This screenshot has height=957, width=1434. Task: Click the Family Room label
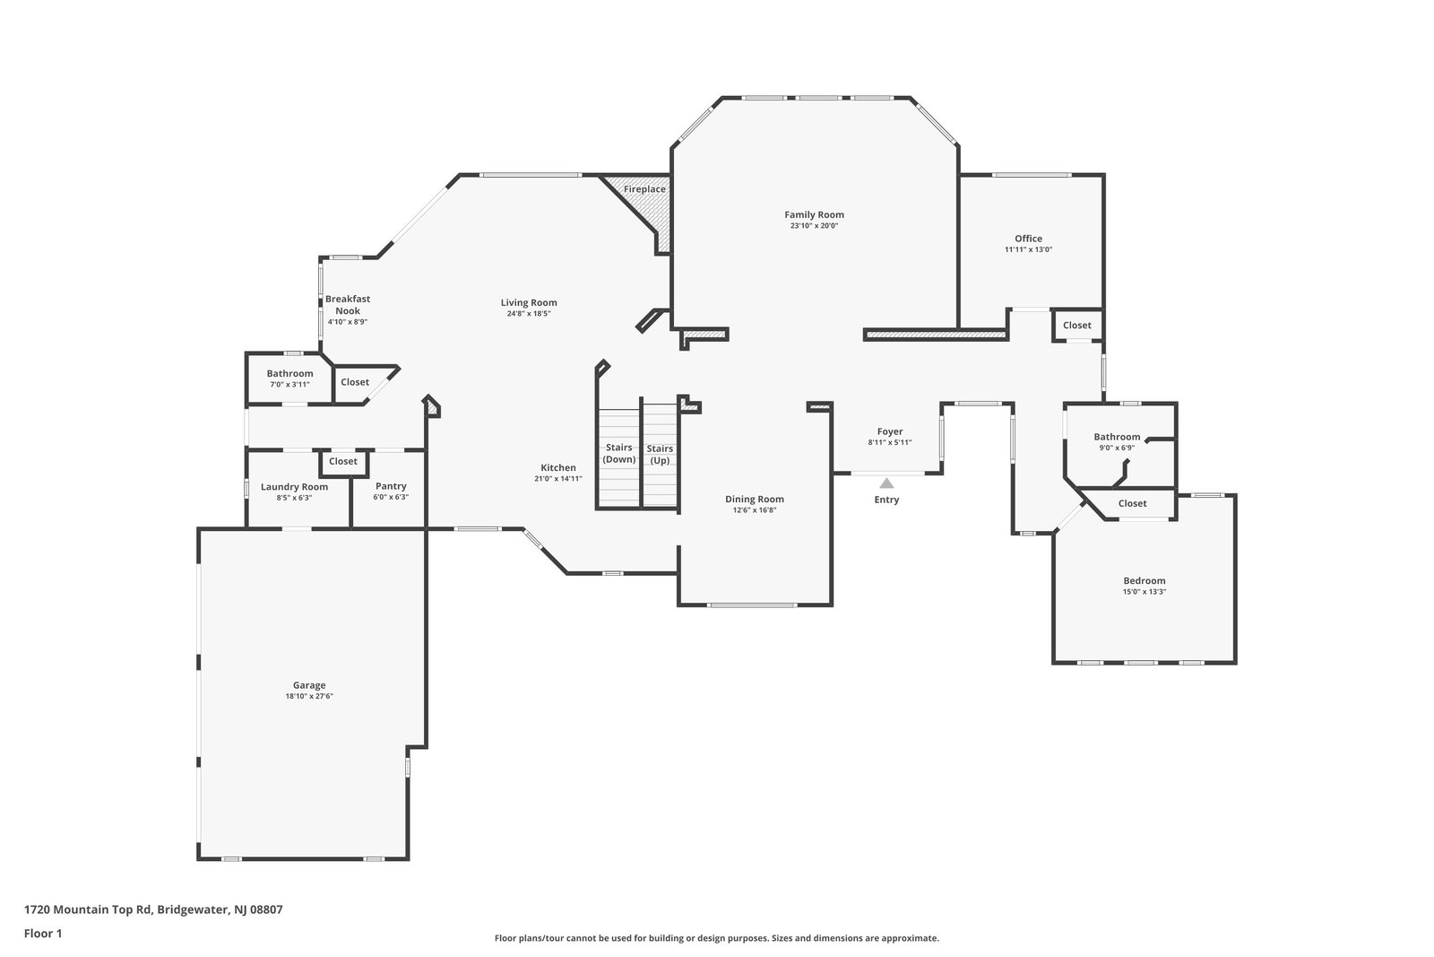point(815,214)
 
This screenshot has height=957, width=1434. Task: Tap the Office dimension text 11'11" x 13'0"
point(1028,250)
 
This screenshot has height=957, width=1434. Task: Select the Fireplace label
point(644,189)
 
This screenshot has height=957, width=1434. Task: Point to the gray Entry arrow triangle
point(886,483)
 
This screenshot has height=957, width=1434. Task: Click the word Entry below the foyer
point(886,500)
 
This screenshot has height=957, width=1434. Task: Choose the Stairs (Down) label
point(619,454)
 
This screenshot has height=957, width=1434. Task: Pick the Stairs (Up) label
point(660,454)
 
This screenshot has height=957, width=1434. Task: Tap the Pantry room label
point(391,486)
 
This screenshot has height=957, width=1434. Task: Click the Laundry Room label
point(295,487)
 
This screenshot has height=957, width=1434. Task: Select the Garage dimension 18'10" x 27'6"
point(309,696)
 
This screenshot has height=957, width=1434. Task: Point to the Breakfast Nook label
point(348,305)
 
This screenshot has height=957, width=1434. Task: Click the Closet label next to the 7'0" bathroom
point(355,382)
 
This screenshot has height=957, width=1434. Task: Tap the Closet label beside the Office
point(1076,326)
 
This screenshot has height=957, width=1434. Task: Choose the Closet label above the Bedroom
point(1133,503)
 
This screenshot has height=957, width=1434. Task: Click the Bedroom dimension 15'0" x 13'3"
point(1145,592)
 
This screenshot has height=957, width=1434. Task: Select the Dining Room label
point(755,499)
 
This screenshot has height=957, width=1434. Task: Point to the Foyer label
point(890,431)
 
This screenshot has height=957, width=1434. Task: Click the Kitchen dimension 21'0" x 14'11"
point(558,479)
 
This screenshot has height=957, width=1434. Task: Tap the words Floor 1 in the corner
point(43,934)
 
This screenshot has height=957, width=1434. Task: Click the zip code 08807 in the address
point(267,909)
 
